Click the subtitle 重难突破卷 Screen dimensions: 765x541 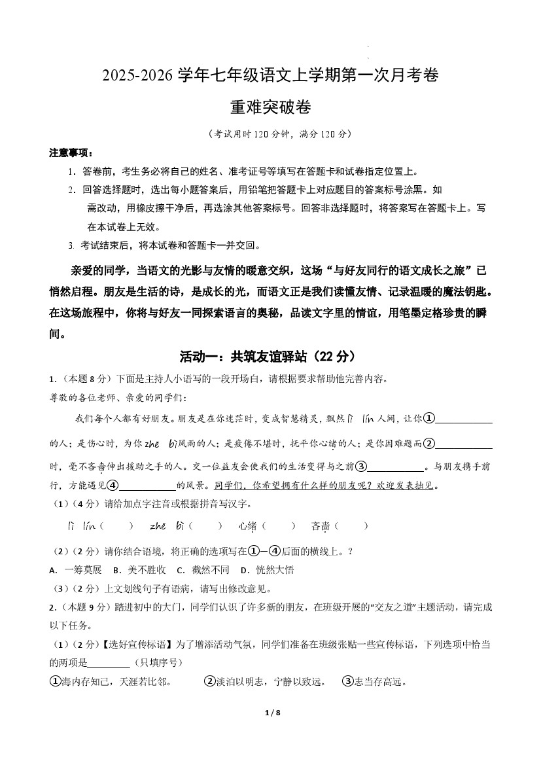[270, 107]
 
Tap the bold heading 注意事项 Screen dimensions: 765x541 [71, 152]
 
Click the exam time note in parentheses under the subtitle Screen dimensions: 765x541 [270, 133]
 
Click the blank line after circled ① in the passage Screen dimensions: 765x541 [464, 419]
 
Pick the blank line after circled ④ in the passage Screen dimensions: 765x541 [148, 486]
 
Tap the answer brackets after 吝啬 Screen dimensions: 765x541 [351, 525]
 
